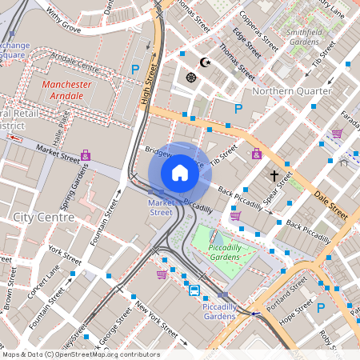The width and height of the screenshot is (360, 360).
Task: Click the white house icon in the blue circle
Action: point(180,172)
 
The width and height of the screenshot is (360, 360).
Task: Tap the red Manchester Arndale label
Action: point(67,90)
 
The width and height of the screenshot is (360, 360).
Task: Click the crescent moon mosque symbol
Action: point(205,62)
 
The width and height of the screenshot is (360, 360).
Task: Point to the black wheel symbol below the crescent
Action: point(191,77)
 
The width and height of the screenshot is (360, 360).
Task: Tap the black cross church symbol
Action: point(274,174)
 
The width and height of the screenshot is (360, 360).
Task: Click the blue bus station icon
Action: point(194,290)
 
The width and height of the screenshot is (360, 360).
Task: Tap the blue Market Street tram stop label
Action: point(161,208)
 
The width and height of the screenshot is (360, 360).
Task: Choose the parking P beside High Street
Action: point(135,70)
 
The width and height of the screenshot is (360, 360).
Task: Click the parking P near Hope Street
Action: point(321,307)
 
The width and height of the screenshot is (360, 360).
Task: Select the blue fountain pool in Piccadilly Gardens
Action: point(218,238)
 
